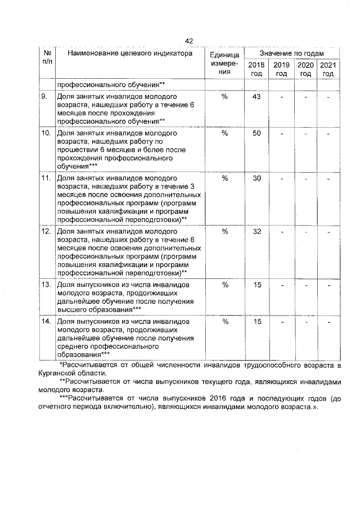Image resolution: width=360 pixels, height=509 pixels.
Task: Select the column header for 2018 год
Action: [256, 70]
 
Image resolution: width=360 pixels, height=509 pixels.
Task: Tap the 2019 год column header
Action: [281, 70]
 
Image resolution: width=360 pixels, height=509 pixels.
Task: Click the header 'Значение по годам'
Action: [292, 52]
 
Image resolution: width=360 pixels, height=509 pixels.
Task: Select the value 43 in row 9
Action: [257, 97]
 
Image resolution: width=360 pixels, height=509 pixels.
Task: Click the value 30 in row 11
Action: [257, 178]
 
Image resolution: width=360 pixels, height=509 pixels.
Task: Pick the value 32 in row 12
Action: [257, 232]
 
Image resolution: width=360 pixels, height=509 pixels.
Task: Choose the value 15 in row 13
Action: [257, 285]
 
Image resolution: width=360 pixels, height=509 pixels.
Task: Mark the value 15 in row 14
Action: [257, 322]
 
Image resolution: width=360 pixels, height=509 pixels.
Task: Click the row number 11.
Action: [47, 178]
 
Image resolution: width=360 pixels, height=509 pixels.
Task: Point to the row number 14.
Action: [47, 322]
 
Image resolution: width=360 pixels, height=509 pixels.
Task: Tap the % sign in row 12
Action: [224, 232]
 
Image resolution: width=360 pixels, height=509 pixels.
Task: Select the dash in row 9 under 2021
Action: [329, 97]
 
